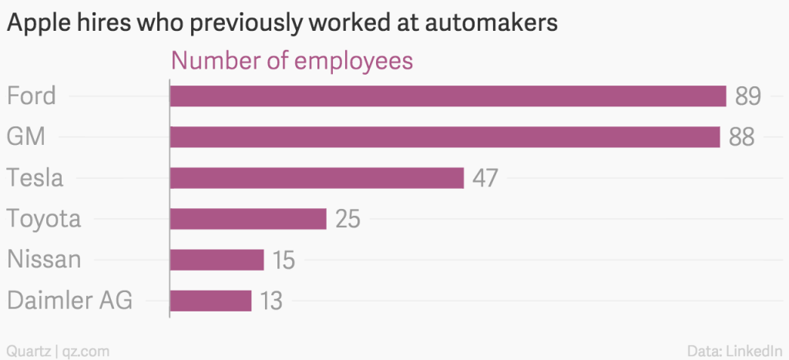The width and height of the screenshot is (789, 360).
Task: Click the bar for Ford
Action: coord(448,96)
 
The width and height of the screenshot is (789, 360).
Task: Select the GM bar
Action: coord(445,137)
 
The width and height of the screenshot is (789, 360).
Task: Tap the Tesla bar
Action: coord(317,178)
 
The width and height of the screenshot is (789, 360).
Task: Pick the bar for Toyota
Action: coord(248,219)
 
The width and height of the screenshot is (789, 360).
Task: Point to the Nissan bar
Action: coord(217,260)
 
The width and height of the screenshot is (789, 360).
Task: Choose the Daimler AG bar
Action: coord(210,301)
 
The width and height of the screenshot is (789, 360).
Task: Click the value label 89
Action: coord(747,96)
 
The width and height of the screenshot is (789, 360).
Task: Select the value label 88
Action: coord(740,137)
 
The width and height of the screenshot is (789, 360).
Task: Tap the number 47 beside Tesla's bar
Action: coord(485,178)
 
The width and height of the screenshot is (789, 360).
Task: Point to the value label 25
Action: coord(347,219)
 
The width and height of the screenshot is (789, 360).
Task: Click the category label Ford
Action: coord(31,96)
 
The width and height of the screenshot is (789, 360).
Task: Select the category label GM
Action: coord(25,137)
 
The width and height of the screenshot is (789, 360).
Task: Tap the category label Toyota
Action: coord(44,219)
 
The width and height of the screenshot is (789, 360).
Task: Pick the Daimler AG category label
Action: coord(69,301)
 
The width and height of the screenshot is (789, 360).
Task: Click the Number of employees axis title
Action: coord(292,61)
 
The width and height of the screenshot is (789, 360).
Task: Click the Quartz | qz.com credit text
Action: coord(57,352)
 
